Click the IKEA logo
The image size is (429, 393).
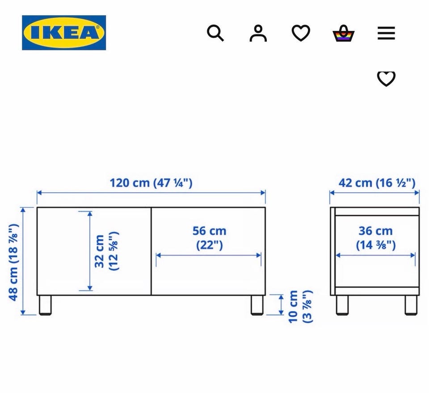pos(64,33)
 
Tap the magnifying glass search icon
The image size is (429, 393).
pos(215,33)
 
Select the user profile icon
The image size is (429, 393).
pos(258,33)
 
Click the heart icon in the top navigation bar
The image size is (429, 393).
pos(301,33)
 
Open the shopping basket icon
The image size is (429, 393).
pos(343,33)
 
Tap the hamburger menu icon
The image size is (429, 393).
pos(386,33)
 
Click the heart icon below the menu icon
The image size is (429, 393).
pos(386,79)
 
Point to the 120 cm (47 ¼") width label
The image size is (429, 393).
pos(151,183)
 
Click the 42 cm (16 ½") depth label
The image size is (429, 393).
pos(377,183)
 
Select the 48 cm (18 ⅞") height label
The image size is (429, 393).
pos(13,262)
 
